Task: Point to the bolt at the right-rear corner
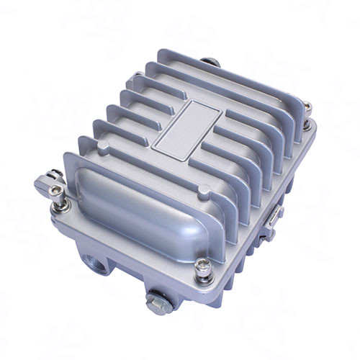pyautogui.click(x=307, y=108)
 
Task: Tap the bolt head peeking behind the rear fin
pyautogui.click(x=209, y=63)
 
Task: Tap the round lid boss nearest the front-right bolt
pyautogui.click(x=204, y=191)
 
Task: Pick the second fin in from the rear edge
pyautogui.click(x=223, y=86)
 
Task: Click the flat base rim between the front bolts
pyautogui.click(x=130, y=248)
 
